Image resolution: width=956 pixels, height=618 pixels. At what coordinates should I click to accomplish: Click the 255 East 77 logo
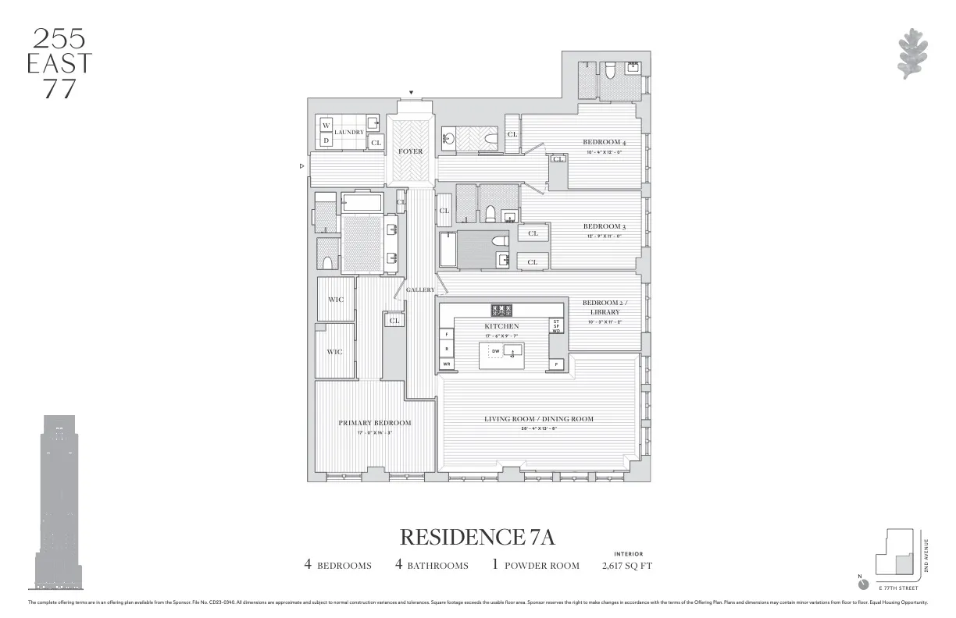coord(59,63)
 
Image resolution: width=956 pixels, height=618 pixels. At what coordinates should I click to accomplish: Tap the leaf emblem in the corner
coord(911,53)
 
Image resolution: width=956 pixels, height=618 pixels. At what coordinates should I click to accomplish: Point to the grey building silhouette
coord(59,503)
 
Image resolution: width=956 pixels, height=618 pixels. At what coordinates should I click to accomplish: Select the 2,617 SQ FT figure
coord(627,566)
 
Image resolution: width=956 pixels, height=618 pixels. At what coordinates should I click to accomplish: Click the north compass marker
coord(863,584)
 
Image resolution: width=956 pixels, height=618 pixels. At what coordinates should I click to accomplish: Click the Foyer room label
coord(410,151)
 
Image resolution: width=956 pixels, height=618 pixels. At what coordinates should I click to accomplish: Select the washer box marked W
coord(326,126)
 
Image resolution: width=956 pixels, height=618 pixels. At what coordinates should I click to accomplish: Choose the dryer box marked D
coord(326,140)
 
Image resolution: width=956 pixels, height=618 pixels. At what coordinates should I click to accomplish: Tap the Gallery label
coord(420,289)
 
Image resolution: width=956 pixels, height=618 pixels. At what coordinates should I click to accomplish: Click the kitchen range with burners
coord(501,311)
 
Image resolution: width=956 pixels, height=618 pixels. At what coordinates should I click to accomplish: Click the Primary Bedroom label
coord(374,423)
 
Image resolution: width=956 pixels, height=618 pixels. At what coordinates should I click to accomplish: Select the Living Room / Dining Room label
coord(538,419)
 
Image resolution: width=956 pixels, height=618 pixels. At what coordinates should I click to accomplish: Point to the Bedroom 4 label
coord(605,142)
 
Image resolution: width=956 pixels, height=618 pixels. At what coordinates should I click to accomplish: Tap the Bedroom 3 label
coord(605,227)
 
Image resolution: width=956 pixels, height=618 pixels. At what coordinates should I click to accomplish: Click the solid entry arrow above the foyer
coord(412,93)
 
